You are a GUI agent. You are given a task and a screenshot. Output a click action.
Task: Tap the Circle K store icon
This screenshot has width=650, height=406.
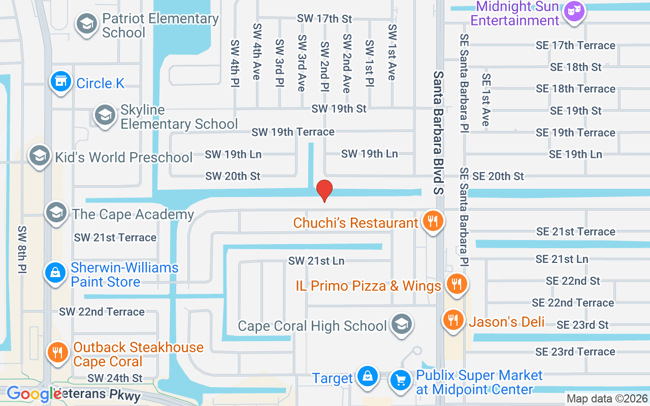[60, 81]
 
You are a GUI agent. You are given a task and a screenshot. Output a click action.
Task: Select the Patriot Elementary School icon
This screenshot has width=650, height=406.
[86, 23]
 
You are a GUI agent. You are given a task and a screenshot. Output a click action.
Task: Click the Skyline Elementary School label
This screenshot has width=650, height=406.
[179, 117]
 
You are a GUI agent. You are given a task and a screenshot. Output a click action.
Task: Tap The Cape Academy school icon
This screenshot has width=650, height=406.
[56, 213]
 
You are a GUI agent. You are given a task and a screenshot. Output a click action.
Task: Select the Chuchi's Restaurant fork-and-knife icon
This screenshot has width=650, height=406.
[432, 221]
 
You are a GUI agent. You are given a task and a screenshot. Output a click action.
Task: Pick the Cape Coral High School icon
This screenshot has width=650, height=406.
[401, 324]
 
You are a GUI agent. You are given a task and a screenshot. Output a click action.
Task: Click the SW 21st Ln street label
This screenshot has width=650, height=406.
[316, 261]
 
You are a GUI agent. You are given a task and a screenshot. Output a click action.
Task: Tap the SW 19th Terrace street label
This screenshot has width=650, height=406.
[293, 132]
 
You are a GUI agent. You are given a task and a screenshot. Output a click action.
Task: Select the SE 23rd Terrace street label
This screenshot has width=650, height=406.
[575, 352]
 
